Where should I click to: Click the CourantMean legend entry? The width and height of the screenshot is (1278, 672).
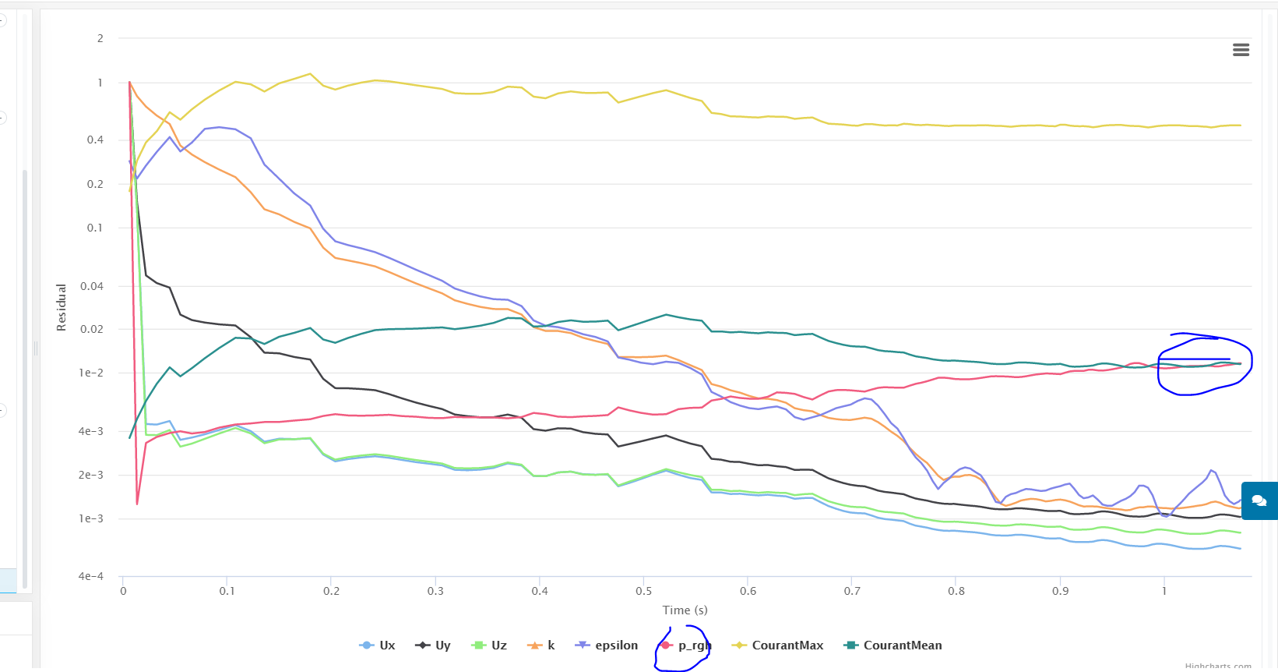tap(893, 645)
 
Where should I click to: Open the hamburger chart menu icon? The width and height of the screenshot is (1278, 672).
tap(1241, 50)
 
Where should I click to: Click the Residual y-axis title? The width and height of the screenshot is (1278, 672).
tap(62, 307)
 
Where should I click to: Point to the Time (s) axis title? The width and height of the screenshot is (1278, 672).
tap(685, 610)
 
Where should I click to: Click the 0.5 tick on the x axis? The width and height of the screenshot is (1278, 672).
tap(644, 591)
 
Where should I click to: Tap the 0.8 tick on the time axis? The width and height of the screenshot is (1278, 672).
tap(956, 591)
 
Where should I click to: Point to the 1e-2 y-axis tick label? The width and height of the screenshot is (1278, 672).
tap(91, 373)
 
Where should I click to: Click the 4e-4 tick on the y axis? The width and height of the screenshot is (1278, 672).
tap(90, 577)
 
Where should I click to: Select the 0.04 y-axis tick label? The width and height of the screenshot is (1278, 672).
tap(92, 287)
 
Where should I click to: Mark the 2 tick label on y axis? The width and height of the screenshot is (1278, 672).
tap(100, 38)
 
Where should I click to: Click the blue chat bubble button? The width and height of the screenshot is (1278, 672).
tap(1259, 500)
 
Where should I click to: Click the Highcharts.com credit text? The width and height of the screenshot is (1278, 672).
tap(1218, 667)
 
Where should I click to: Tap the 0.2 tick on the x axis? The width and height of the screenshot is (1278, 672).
tap(332, 591)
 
